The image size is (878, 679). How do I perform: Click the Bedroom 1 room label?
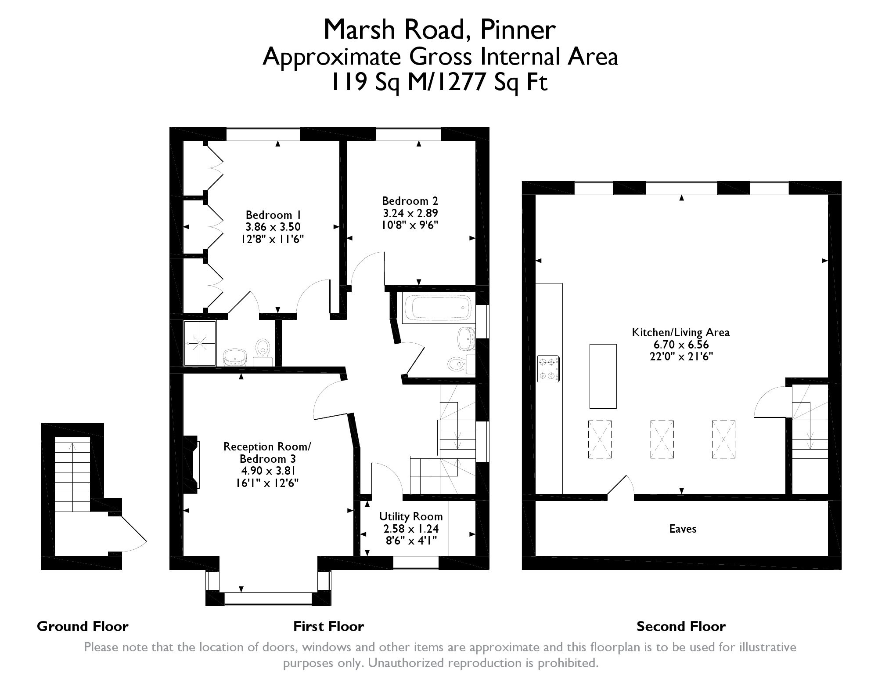coord(273,215)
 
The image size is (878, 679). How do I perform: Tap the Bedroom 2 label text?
coord(410,201)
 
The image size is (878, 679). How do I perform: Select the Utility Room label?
coord(411,516)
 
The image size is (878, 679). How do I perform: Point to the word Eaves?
coord(683,529)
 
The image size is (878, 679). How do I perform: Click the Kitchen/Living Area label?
coord(680,332)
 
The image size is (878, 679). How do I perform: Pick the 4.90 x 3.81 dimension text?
coord(268,471)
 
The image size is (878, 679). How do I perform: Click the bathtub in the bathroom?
coord(437,308)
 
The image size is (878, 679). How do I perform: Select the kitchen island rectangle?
coord(603,376)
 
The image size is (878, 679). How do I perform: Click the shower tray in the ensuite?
coord(200,343)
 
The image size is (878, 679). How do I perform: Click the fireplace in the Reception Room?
coord(192,465)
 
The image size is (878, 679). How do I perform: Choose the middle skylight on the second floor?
coord(662,439)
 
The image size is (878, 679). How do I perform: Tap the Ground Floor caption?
coord(83,626)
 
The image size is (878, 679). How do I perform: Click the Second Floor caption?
coord(681,626)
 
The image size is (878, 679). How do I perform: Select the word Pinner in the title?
coord(518,30)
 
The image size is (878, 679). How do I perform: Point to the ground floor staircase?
coord(72,475)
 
